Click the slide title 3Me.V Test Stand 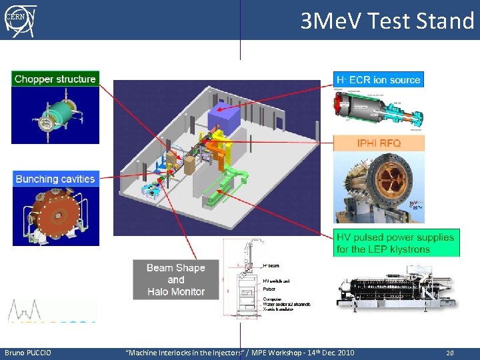[387, 21]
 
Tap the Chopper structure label [55, 79]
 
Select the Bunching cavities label [55, 179]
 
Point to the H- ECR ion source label [379, 79]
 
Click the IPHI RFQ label [379, 143]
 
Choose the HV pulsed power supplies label [396, 243]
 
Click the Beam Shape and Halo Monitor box [176, 279]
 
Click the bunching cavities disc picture [55, 217]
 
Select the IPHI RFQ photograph [379, 187]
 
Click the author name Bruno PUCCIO [28, 352]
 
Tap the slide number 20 [449, 353]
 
